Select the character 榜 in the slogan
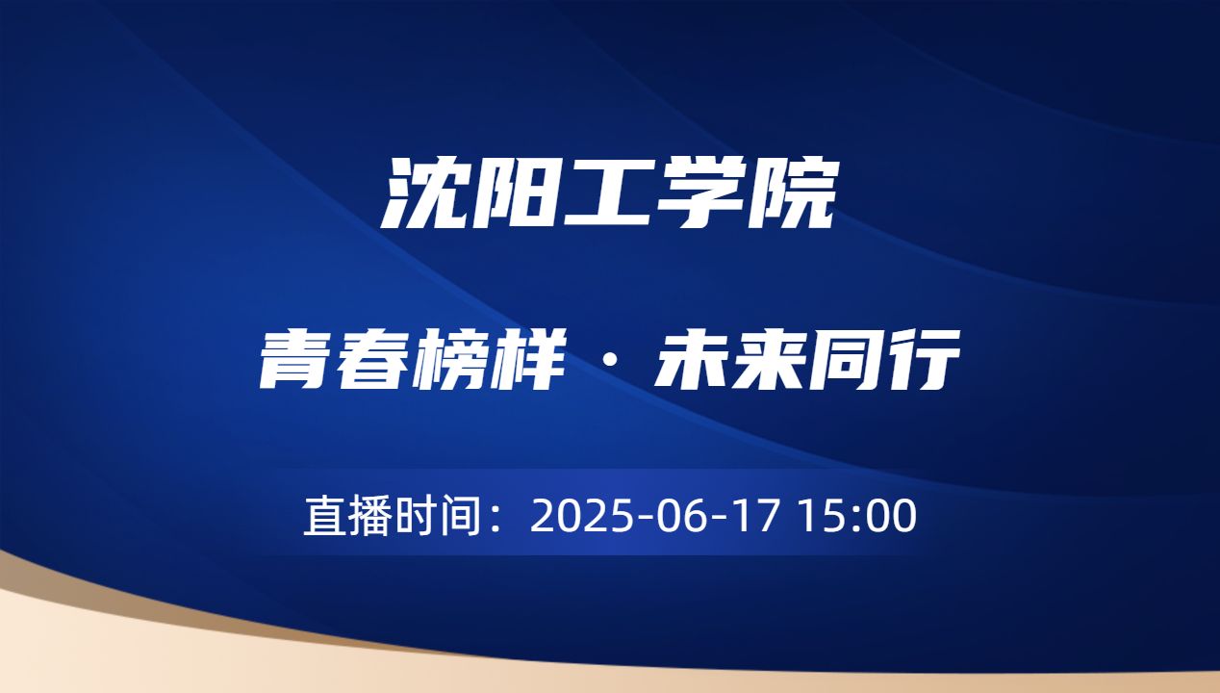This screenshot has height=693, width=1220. [450, 362]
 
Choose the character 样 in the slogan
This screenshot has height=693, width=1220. [525, 362]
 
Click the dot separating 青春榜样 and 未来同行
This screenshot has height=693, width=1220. [609, 366]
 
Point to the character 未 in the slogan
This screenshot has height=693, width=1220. [691, 362]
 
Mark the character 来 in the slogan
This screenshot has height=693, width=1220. [768, 362]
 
